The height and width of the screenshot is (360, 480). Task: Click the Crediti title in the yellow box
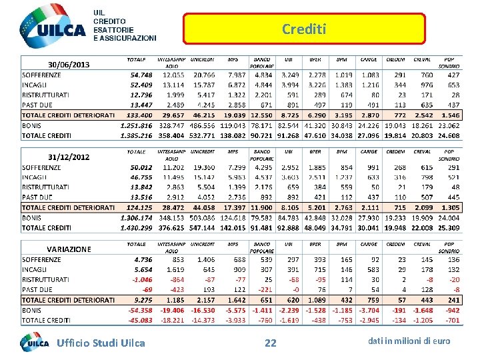[x=304, y=29]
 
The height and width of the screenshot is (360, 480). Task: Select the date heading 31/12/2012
[x=69, y=157]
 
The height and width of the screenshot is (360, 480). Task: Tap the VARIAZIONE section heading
[x=69, y=249]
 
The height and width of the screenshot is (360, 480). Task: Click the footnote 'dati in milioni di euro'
[x=409, y=341]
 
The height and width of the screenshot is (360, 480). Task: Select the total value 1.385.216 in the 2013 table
[x=137, y=135]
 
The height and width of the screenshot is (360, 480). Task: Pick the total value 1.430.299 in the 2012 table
[x=137, y=228]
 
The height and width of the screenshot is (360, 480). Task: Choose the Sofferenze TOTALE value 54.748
[x=141, y=75]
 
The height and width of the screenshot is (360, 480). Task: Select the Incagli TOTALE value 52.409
[x=141, y=85]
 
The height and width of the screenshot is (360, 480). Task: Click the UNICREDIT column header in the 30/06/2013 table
[x=202, y=59]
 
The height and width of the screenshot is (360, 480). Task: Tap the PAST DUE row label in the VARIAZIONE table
[x=37, y=290]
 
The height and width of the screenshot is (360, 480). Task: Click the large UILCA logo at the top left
[x=53, y=27]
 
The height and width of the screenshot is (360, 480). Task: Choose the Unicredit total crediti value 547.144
[x=203, y=228]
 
